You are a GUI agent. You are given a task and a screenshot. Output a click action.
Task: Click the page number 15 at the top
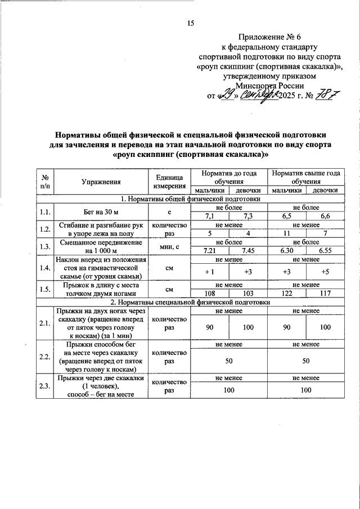(x=190, y=23)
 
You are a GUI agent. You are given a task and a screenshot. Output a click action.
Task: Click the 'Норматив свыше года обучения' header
(x=306, y=178)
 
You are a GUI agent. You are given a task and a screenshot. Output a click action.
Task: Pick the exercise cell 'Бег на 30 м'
(x=101, y=211)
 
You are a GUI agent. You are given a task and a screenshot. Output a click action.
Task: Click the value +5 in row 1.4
(x=325, y=272)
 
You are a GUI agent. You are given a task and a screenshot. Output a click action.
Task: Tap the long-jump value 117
(x=325, y=294)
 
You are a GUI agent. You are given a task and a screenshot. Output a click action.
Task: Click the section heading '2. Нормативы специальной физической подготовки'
(x=190, y=302)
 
